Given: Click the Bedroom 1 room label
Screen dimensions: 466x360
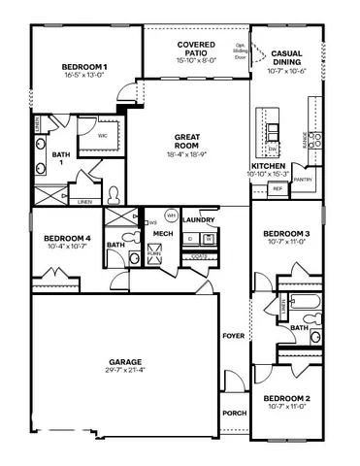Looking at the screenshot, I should point(85,66).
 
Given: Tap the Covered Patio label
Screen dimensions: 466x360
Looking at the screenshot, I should point(196,46).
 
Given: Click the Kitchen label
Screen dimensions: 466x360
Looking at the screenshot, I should point(268,166).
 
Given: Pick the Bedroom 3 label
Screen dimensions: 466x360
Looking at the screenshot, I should point(286,234).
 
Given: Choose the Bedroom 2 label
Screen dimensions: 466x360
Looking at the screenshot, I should point(286,398).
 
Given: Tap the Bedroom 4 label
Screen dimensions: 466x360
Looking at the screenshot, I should point(67,239).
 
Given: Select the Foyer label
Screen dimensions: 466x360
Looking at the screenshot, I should point(233,336).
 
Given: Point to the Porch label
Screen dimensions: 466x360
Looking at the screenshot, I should point(234,414).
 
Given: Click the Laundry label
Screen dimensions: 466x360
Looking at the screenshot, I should point(197,220).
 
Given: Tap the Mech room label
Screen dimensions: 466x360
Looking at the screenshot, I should point(162,234).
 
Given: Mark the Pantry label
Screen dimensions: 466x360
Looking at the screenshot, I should point(303,179).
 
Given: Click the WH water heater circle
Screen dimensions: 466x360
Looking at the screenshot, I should point(171,216).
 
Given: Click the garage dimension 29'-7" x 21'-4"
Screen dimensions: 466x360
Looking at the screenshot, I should point(126,369).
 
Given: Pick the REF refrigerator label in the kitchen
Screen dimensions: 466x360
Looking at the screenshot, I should point(277,188).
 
